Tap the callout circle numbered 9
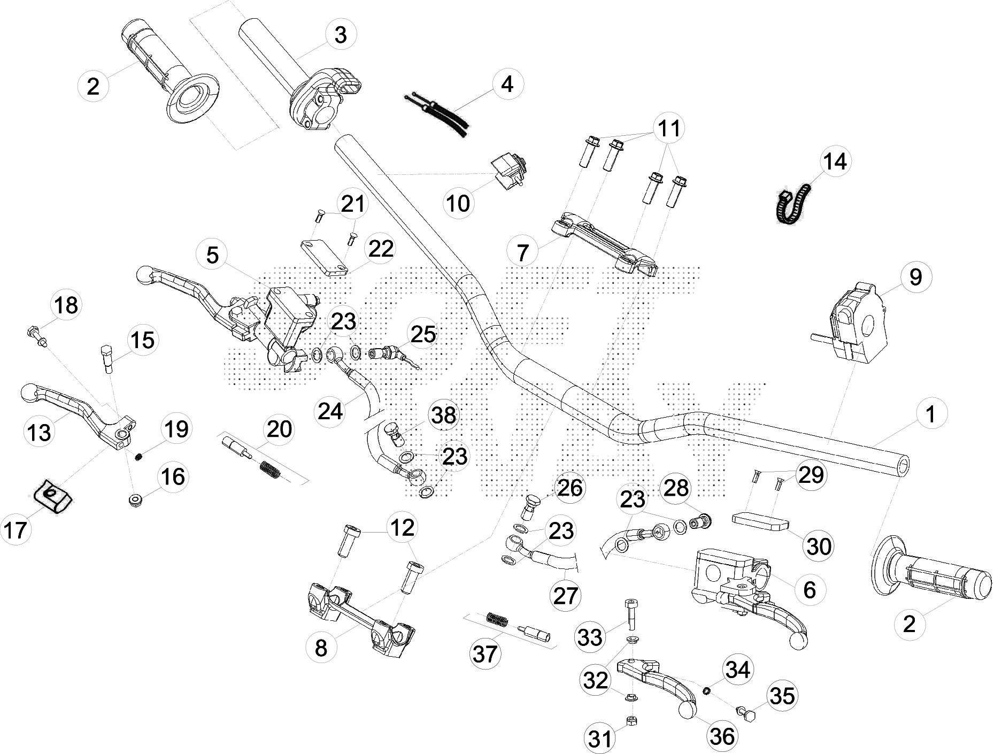coord(915,277)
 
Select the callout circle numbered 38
coord(444,415)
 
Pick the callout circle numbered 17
coord(16,530)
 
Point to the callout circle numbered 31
coord(599,738)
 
